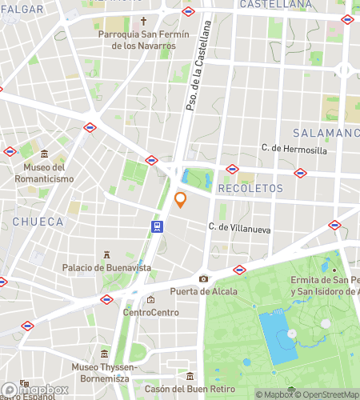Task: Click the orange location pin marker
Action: tap(181, 200)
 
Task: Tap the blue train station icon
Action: tap(158, 226)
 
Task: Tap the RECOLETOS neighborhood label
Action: tap(251, 188)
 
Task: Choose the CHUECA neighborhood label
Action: tap(38, 221)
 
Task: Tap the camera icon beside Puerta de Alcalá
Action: tap(203, 278)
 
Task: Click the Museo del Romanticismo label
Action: tap(43, 174)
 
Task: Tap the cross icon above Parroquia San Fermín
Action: tap(144, 22)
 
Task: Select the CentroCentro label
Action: tap(150, 313)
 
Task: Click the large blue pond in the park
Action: tap(277, 338)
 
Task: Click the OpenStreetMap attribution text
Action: tap(324, 394)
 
